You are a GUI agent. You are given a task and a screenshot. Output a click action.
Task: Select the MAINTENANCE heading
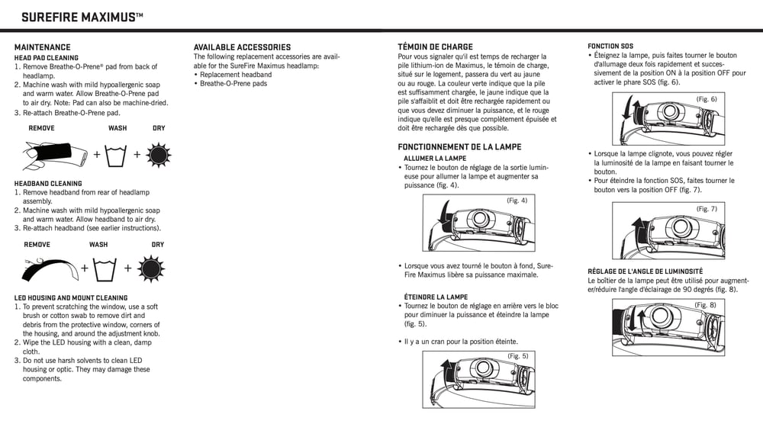click(42, 47)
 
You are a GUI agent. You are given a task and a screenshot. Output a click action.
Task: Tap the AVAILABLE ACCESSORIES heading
click(242, 47)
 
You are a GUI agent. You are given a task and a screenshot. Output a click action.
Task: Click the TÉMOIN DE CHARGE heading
click(435, 47)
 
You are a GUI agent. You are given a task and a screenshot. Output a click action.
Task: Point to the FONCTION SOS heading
click(610, 47)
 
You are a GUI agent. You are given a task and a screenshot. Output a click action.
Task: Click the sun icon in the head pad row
click(158, 155)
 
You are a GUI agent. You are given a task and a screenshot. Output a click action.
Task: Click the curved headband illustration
click(50, 267)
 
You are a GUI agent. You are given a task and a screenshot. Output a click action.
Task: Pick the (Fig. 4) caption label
click(517, 201)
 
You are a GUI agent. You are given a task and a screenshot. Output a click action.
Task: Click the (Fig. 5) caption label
click(517, 356)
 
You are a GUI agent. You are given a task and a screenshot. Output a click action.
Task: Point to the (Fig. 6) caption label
click(707, 99)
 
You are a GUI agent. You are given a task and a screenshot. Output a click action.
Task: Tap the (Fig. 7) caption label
click(707, 209)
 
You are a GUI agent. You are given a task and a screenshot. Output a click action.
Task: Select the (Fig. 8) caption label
click(705, 305)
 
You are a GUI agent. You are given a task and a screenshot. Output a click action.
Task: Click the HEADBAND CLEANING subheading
click(48, 184)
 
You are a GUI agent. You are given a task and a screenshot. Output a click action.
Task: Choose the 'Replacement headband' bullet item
click(235, 75)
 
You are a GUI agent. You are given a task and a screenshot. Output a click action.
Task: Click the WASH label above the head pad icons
click(118, 128)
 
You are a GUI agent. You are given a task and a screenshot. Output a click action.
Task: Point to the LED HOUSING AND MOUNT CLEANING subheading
click(71, 298)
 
